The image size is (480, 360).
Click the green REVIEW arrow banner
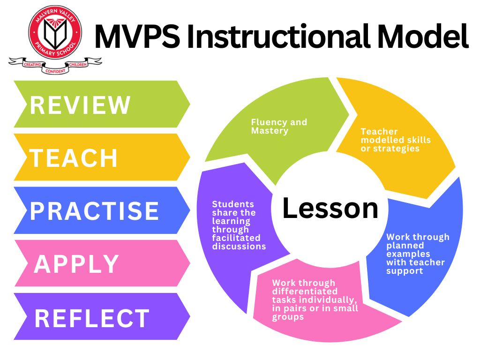[x=102, y=104]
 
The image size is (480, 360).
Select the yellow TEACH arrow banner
[x=102, y=157]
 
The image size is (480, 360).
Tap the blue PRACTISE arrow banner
[x=102, y=210]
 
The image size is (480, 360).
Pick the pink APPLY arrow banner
[x=102, y=263]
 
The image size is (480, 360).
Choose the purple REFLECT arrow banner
[x=102, y=316]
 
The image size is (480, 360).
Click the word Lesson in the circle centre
[x=330, y=208]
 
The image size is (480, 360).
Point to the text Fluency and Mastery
[x=279, y=127]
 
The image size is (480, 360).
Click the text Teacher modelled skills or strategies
[x=396, y=140]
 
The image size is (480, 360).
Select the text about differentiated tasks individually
[x=315, y=300]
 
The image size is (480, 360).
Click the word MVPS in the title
[x=137, y=37]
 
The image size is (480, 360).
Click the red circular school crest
[x=55, y=32]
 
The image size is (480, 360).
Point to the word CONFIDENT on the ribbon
[x=55, y=71]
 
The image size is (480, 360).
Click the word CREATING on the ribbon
[x=32, y=65]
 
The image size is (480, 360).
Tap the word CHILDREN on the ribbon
[x=78, y=65]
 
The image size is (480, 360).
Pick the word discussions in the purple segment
[x=239, y=247]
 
